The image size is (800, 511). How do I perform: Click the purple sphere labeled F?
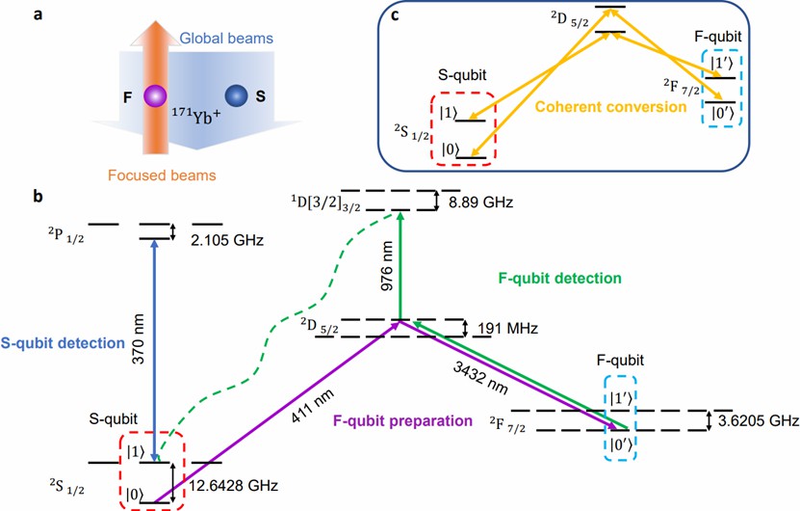[155, 96]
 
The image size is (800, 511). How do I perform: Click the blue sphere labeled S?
[237, 95]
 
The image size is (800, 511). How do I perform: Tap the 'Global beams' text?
[226, 39]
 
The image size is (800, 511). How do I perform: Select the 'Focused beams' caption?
[162, 175]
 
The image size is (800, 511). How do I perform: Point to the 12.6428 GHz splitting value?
[234, 485]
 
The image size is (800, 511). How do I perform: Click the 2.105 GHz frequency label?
[227, 240]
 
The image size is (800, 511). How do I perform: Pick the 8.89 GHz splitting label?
[480, 202]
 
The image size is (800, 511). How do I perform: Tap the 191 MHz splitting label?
[507, 328]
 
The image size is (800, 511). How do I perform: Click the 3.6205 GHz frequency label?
[759, 420]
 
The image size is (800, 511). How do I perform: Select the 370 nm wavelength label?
[139, 338]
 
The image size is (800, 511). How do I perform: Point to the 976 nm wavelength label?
[387, 266]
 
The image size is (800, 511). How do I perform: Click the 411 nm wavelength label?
[312, 405]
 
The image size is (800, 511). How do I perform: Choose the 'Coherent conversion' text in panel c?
[610, 107]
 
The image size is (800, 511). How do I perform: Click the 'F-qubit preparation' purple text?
[402, 420]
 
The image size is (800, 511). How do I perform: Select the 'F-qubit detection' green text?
[559, 278]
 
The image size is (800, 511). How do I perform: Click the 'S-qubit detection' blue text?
[63, 343]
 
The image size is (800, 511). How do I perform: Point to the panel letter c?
[395, 14]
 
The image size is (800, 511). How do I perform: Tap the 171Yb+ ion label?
[196, 117]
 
